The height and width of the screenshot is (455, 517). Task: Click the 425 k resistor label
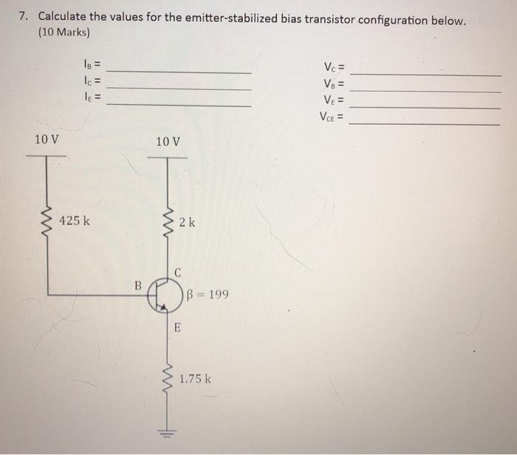click(76, 220)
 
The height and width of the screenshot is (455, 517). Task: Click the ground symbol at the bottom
click(168, 434)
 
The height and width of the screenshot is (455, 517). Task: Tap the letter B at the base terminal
click(137, 282)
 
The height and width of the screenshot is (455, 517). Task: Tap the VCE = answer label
click(332, 116)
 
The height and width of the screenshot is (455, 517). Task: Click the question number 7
click(24, 16)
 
